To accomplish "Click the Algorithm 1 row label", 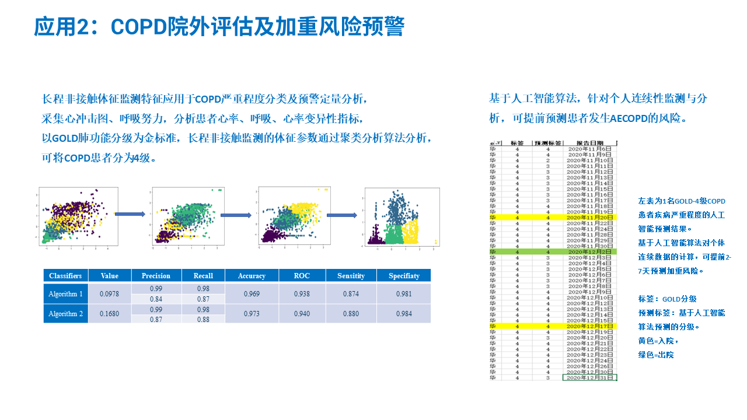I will click(65, 294).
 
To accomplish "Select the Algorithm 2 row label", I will click(65, 314).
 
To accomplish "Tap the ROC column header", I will click(301, 275).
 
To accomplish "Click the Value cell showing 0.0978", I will click(109, 294).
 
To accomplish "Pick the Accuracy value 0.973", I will click(252, 314).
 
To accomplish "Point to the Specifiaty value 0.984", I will click(403, 314).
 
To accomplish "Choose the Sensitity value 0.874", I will click(351, 294).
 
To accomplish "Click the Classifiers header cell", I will click(65, 275).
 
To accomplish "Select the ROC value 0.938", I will click(301, 294).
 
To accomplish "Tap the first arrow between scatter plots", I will click(130, 215).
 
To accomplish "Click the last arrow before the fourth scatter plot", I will click(341, 215).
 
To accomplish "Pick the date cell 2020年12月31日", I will click(589, 378).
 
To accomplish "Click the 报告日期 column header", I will click(589, 143).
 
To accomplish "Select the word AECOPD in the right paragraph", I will click(634, 118).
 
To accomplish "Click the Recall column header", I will click(203, 275).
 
